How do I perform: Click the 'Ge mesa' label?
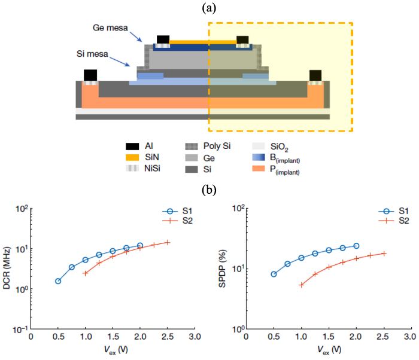click(110, 28)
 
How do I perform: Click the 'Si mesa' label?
click(92, 54)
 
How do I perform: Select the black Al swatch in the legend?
click(132, 147)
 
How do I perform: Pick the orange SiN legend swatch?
click(132, 157)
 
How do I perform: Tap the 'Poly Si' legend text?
click(217, 146)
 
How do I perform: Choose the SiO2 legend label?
click(280, 147)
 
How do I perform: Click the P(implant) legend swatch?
click(259, 169)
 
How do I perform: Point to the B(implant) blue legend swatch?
click(259, 157)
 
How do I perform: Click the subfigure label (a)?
click(209, 8)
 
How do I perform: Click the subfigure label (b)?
click(209, 190)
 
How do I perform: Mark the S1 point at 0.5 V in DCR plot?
click(58, 281)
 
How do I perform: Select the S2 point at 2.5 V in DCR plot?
click(167, 243)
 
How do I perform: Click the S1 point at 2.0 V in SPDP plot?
click(356, 246)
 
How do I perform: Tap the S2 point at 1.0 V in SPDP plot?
click(302, 285)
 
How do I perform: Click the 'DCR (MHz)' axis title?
click(7, 268)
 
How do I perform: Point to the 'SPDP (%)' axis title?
click(222, 269)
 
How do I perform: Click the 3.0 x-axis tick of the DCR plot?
click(195, 337)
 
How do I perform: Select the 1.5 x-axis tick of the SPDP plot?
click(329, 337)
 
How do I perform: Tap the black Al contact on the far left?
click(90, 75)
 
